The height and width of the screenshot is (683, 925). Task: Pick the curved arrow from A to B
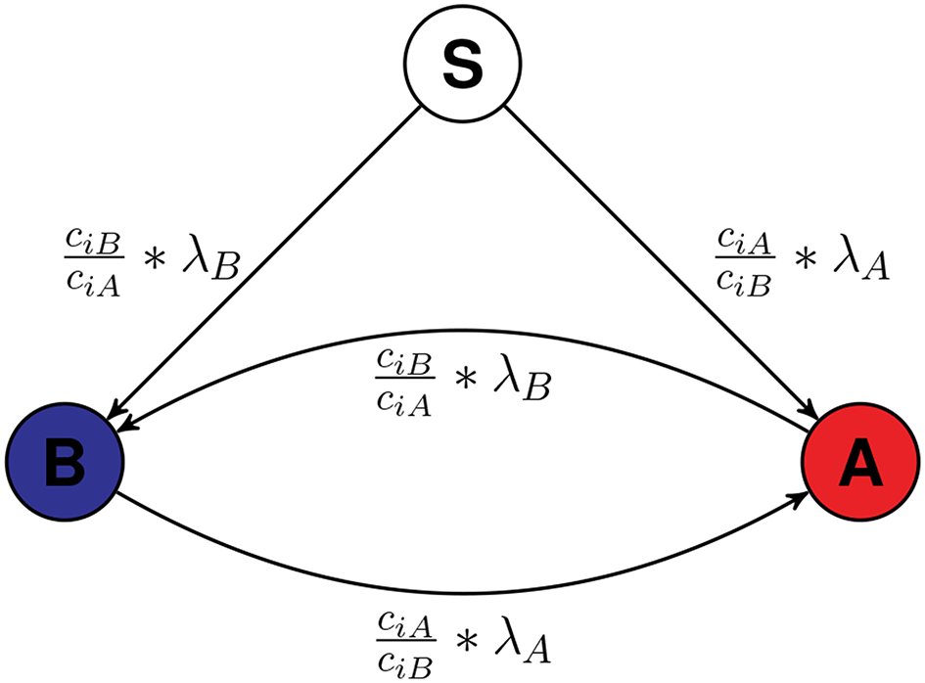tap(460, 331)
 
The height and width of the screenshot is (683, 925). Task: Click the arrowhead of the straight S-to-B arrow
tap(121, 412)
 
